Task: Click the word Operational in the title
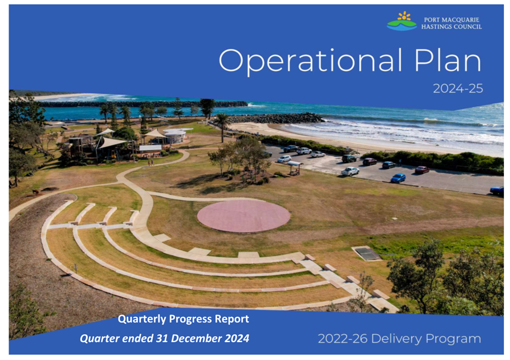[x=310, y=61]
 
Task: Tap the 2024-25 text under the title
[x=458, y=88]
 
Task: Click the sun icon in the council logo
[x=404, y=16]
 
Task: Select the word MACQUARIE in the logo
[x=463, y=20]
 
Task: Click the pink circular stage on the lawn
[x=243, y=216]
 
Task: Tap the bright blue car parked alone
[x=398, y=178]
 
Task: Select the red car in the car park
[x=422, y=170]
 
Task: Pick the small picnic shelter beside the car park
[x=294, y=167]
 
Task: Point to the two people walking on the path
[x=151, y=162]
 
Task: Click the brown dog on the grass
[x=35, y=192]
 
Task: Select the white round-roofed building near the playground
[x=176, y=135]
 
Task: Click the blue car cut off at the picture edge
[x=497, y=190]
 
